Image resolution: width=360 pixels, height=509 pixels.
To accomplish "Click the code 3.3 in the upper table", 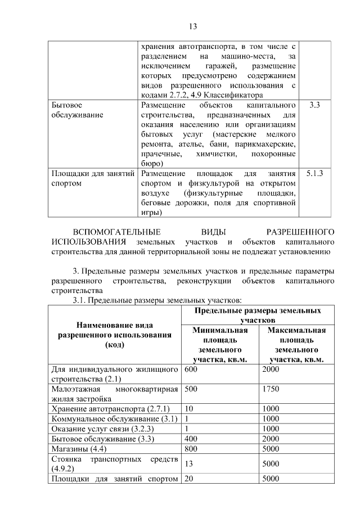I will pos(315,105).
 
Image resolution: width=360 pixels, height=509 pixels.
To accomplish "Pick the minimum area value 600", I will pos(191,369).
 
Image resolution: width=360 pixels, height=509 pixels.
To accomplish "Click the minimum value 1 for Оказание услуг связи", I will pos(187,429).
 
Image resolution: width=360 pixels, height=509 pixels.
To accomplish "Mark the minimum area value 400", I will pos(191,439).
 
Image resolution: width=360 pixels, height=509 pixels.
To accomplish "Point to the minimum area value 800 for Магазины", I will pos(191,449).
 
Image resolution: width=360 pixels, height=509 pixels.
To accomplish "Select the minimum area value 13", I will pos(189,464).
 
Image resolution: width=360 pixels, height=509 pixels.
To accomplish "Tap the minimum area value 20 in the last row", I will pos(189,479).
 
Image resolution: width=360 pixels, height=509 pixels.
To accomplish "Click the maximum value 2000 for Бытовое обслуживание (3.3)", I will pos(271,439).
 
